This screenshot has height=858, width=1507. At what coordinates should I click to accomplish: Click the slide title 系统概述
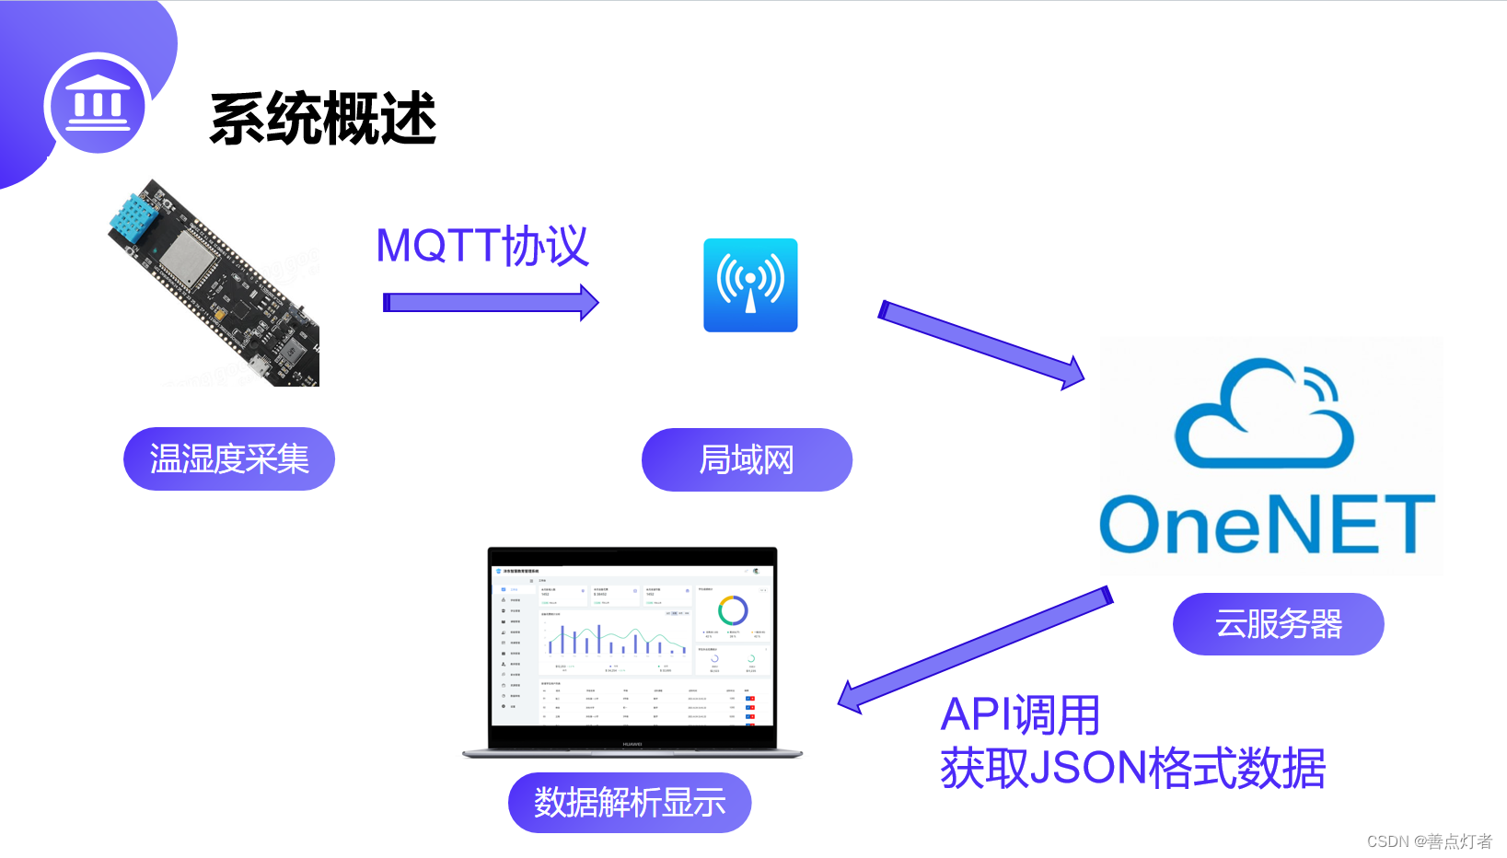322,119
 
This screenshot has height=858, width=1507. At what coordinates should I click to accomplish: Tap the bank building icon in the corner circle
99,103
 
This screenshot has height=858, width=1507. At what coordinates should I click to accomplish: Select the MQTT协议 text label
481,247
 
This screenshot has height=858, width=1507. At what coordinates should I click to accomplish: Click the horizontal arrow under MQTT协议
490,302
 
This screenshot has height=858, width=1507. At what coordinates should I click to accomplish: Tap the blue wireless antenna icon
750,285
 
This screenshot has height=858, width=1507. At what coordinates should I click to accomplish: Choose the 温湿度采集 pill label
229,458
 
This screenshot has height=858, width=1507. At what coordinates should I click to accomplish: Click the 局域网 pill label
747,459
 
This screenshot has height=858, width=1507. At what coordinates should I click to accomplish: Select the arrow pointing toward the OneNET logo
981,344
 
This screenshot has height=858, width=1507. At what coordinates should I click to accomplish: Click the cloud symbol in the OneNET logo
1264,416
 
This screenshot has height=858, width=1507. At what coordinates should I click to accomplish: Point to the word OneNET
1267,524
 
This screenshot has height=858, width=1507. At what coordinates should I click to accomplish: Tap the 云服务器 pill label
1278,624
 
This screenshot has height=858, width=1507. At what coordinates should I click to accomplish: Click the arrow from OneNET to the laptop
976,650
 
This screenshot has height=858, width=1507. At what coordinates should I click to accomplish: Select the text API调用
1020,715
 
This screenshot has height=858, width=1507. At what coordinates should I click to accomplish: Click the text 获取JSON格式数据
1132,768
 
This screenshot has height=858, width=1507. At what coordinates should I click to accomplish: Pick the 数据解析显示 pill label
630,803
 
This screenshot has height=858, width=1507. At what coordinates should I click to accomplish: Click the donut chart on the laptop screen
733,609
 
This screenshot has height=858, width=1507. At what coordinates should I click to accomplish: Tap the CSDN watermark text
1429,841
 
